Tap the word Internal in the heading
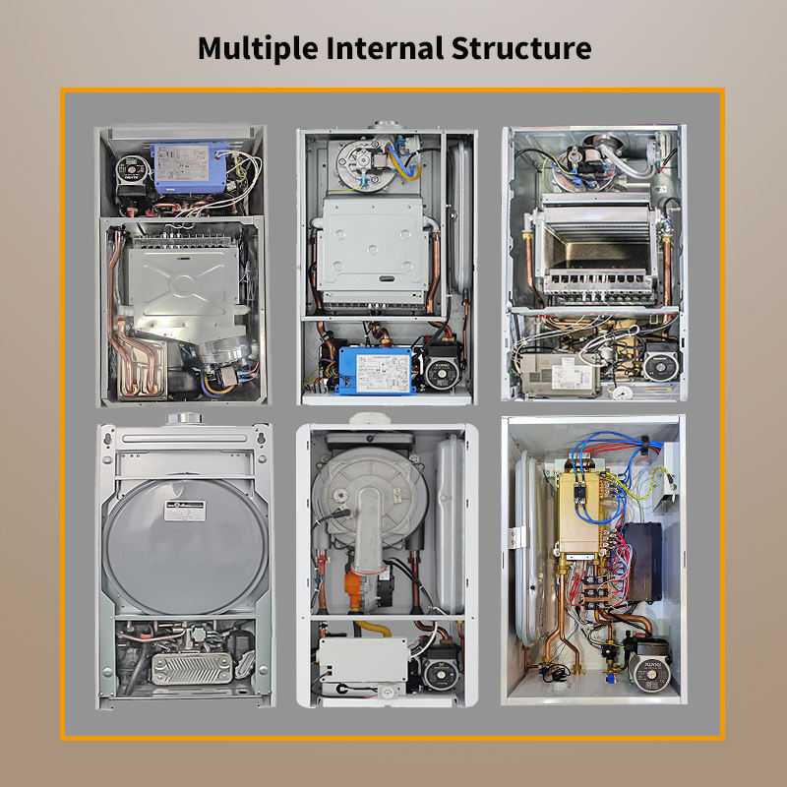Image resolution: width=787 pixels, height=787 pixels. [386, 48]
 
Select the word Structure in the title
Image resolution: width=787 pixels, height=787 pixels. [523, 48]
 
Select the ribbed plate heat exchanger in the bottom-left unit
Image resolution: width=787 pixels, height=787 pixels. [184, 668]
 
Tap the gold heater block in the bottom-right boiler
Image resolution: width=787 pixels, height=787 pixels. [579, 509]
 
